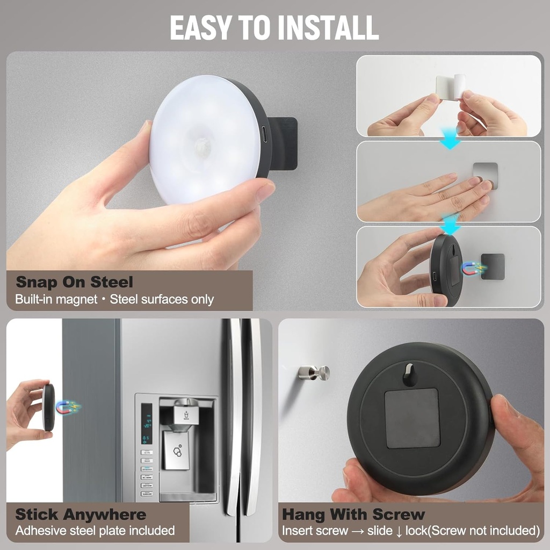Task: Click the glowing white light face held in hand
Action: pos(204,140)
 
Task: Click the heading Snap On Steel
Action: pos(74,282)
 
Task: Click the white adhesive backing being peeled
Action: pos(450,87)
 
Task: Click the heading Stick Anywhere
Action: pos(81,515)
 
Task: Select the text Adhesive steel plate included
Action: pos(95,531)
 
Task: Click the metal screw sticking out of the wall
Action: pos(314,372)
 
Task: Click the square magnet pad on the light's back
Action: pos(412,418)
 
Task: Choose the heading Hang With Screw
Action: pos(353,515)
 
